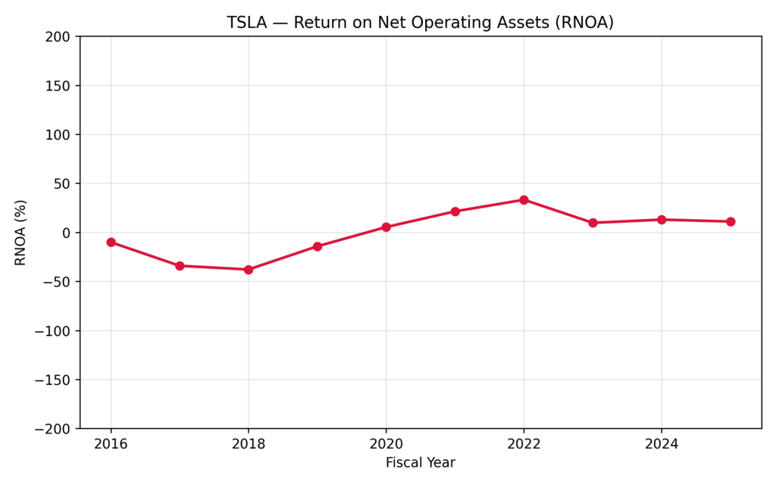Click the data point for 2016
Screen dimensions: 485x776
pyautogui.click(x=111, y=242)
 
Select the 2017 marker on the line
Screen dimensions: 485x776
pyautogui.click(x=180, y=266)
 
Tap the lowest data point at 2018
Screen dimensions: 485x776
pyautogui.click(x=249, y=270)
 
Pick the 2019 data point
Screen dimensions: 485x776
pyautogui.click(x=318, y=246)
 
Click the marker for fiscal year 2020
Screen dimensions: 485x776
pyautogui.click(x=386, y=227)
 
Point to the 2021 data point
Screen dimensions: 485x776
pyautogui.click(x=455, y=211)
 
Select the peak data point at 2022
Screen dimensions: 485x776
pyautogui.click(x=524, y=200)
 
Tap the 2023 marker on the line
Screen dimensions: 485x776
pyautogui.click(x=593, y=223)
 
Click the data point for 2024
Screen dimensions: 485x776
pyautogui.click(x=662, y=220)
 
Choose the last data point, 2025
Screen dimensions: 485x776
pyautogui.click(x=731, y=221)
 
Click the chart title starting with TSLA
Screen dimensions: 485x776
pyautogui.click(x=420, y=23)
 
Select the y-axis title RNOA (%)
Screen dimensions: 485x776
pyautogui.click(x=20, y=233)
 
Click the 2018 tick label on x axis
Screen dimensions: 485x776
pyautogui.click(x=249, y=444)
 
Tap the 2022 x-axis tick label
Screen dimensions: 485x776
pyautogui.click(x=524, y=444)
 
